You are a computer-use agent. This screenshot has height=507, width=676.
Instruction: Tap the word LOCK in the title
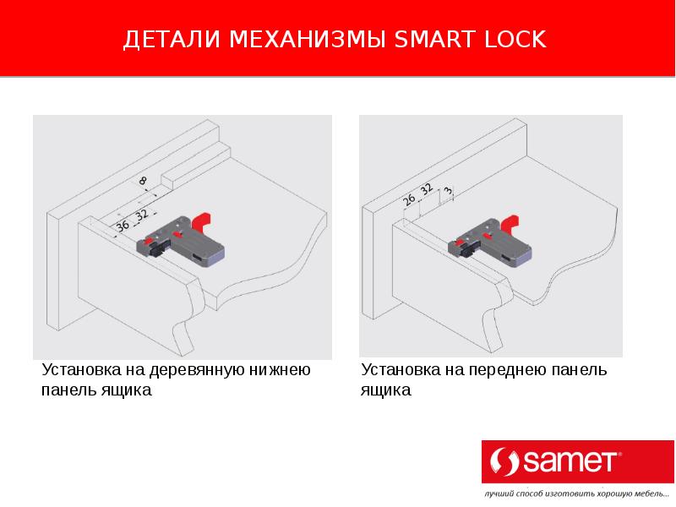pyautogui.click(x=515, y=39)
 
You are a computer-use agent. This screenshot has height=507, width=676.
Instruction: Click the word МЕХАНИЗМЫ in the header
pyautogui.click(x=308, y=39)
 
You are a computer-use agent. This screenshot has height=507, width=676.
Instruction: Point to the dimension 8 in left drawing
pyautogui.click(x=143, y=181)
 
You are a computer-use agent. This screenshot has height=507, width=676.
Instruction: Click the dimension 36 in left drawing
pyautogui.click(x=123, y=225)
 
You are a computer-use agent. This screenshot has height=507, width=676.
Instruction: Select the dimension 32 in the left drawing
pyautogui.click(x=141, y=215)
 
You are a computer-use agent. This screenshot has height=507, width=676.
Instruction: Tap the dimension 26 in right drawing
pyautogui.click(x=409, y=199)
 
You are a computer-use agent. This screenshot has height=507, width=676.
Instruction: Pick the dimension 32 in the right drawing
pyautogui.click(x=426, y=189)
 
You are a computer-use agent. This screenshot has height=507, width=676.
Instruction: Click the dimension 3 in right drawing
pyautogui.click(x=449, y=191)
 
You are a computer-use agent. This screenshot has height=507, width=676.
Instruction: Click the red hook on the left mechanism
pyautogui.click(x=201, y=221)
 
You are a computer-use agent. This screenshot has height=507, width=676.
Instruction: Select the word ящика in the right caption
pyautogui.click(x=386, y=390)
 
